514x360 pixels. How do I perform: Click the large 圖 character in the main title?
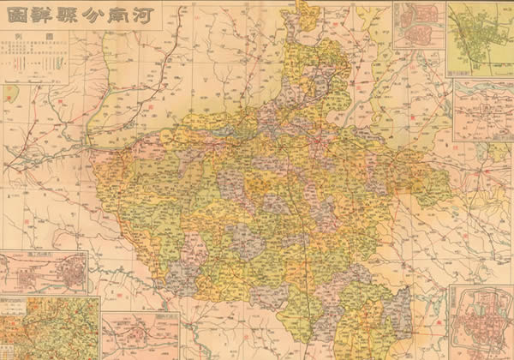(14, 16)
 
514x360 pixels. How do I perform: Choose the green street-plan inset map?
(479, 38)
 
